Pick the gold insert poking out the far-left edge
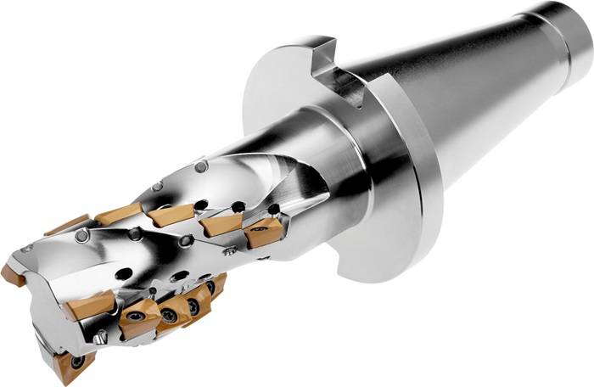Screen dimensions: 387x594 point(12,274)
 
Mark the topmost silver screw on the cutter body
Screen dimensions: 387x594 point(200,167)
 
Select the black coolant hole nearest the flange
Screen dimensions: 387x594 point(273,208)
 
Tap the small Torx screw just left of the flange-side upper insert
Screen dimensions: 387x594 point(229,251)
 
